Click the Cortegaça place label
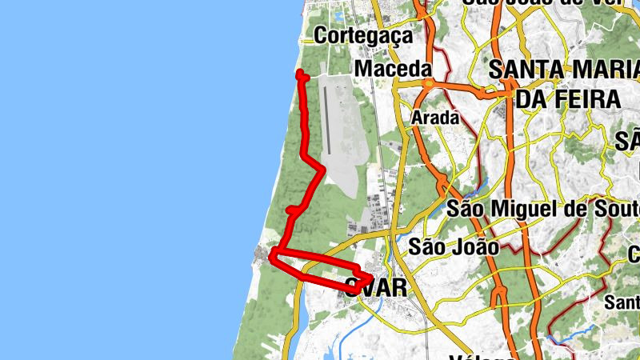click(363, 36)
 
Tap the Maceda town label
click(393, 70)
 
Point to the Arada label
click(435, 118)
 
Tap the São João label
click(453, 246)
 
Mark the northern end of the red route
click(301, 74)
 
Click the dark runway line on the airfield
click(327, 120)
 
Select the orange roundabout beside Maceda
click(429, 82)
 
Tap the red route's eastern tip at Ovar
click(370, 278)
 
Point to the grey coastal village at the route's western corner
click(262, 256)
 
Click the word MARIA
click(595, 70)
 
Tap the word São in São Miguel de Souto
click(467, 210)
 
